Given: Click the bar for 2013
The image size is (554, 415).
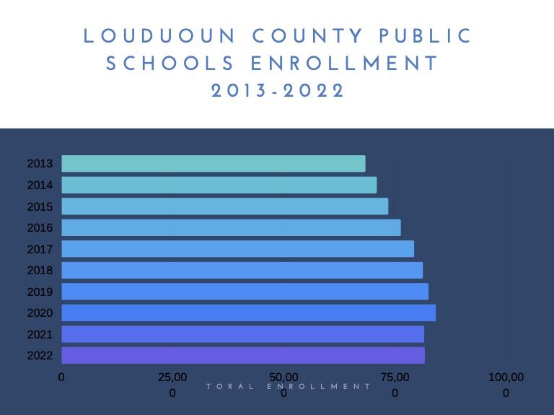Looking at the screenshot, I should tap(214, 164).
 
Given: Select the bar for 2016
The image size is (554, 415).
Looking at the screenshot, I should tap(231, 228).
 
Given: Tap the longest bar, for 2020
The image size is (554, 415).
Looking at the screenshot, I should tap(248, 313).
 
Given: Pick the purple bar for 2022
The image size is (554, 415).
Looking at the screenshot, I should tap(243, 355).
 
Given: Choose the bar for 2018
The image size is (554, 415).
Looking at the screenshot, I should tap(242, 271).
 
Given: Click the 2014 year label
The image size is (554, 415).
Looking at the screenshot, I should tap(40, 185).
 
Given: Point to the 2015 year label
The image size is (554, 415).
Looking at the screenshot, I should tap(40, 206).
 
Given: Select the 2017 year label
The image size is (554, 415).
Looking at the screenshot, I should tap(40, 249).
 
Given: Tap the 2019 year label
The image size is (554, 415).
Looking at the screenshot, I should tap(40, 292).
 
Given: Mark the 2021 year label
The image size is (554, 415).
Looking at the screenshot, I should tap(40, 334).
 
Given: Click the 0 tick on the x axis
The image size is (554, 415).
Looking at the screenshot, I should tap(61, 377).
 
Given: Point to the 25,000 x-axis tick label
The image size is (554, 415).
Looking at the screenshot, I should tap(172, 384).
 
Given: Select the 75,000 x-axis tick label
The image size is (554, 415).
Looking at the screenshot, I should tap(395, 384).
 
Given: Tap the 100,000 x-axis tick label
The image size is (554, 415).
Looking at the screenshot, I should tap(506, 384).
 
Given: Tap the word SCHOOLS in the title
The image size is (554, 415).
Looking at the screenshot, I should tap(171, 64).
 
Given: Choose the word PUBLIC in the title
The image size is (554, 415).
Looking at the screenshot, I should tap(426, 36).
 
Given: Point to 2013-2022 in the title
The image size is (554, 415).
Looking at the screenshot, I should tap(278, 92).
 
